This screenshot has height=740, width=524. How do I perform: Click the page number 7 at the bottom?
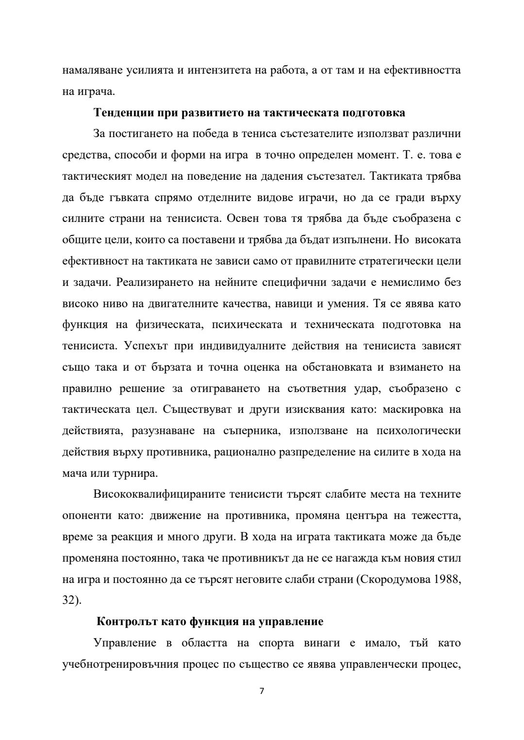click(x=262, y=691)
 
